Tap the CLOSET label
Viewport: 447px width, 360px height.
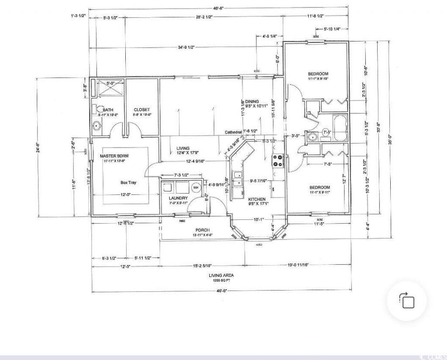(142, 110)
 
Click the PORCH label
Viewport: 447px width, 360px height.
(202, 230)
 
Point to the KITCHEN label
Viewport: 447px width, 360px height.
(257, 199)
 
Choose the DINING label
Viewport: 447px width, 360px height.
(252, 101)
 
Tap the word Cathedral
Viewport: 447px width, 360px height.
(233, 132)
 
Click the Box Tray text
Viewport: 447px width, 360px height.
(128, 183)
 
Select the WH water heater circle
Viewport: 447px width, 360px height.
(195, 188)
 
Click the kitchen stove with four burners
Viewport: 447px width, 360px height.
(278, 161)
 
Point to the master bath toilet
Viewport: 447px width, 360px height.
(100, 110)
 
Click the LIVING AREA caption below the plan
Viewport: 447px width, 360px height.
(221, 275)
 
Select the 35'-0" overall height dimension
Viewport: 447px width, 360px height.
(390, 139)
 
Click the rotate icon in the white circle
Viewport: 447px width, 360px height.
(407, 301)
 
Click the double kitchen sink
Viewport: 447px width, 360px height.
(238, 179)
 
